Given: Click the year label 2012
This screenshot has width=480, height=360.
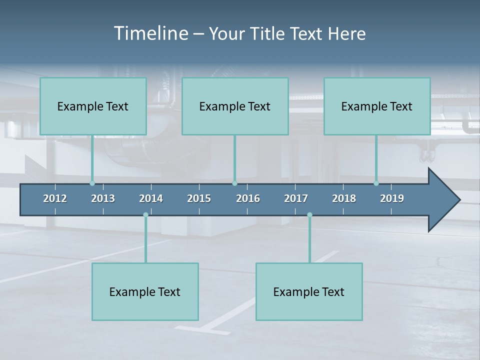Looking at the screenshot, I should [x=55, y=198].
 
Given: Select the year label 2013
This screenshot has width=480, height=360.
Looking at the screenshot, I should [x=103, y=198].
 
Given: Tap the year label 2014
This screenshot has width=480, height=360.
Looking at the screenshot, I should [x=151, y=198].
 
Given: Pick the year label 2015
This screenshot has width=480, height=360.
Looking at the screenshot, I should [x=199, y=198].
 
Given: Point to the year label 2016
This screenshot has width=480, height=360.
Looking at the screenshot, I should [x=248, y=198].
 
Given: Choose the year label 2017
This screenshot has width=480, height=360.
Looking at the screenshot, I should [x=296, y=198].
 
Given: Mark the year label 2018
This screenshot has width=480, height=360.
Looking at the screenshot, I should [x=344, y=198].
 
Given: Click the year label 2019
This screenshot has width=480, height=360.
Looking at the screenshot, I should [x=392, y=198].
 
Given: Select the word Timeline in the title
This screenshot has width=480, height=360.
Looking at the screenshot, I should [x=150, y=33].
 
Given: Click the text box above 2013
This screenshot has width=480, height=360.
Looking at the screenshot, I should [x=93, y=106].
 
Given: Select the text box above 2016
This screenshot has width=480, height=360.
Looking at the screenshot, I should [x=235, y=106].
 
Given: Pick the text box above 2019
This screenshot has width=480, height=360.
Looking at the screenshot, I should [x=377, y=106].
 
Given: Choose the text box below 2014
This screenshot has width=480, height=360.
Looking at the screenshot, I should [x=145, y=291].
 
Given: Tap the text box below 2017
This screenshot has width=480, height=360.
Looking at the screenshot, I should [x=309, y=291].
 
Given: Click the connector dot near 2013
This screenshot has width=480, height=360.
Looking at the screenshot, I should [x=92, y=183].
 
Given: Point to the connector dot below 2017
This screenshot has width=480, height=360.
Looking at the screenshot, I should [x=309, y=215].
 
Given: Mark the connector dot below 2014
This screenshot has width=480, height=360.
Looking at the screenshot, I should [x=145, y=215].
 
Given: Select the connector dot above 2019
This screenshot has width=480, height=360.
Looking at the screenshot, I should [x=376, y=183].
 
